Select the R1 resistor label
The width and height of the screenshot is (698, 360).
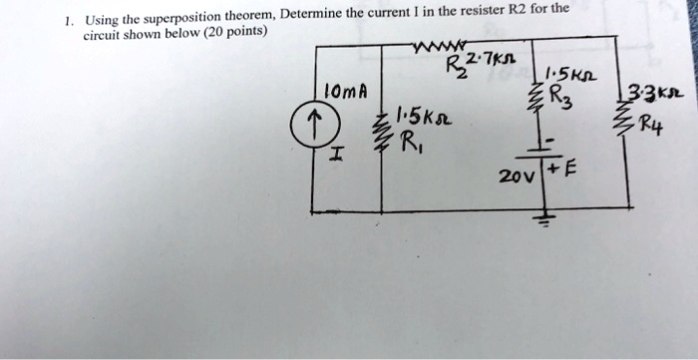[409, 157]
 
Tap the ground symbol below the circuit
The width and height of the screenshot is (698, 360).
[546, 219]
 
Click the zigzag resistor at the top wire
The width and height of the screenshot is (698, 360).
[423, 44]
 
